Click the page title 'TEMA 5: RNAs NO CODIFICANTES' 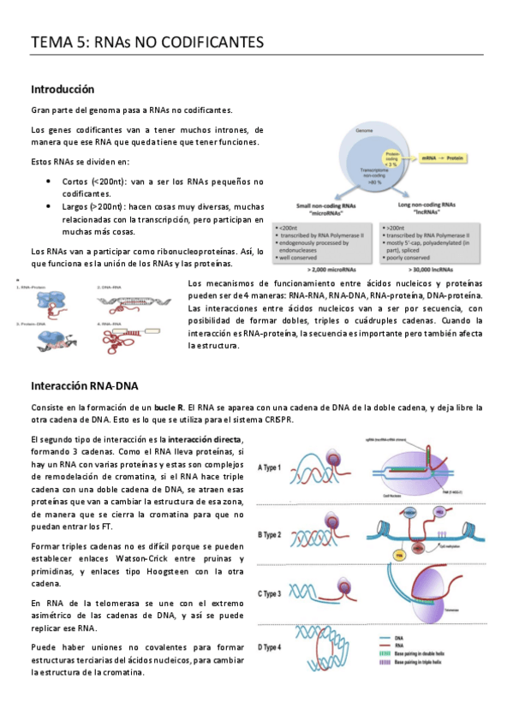146,42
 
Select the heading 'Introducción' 63,89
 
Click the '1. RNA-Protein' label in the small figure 33,288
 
